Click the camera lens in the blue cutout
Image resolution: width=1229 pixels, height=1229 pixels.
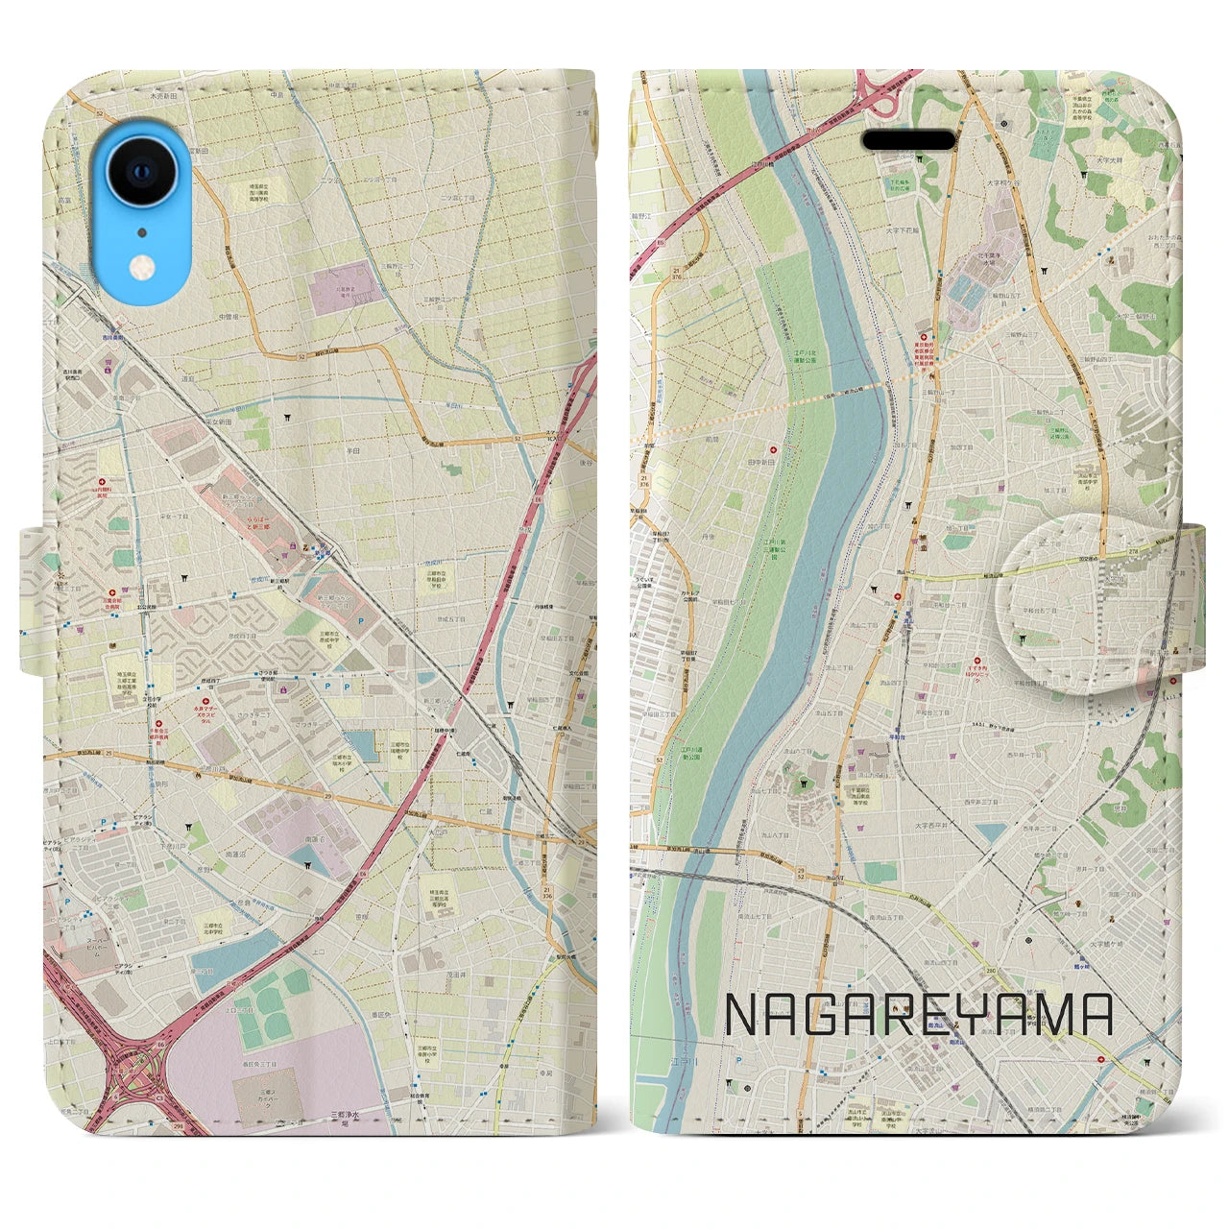[142, 172]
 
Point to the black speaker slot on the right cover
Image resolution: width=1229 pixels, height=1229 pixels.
[908, 140]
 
